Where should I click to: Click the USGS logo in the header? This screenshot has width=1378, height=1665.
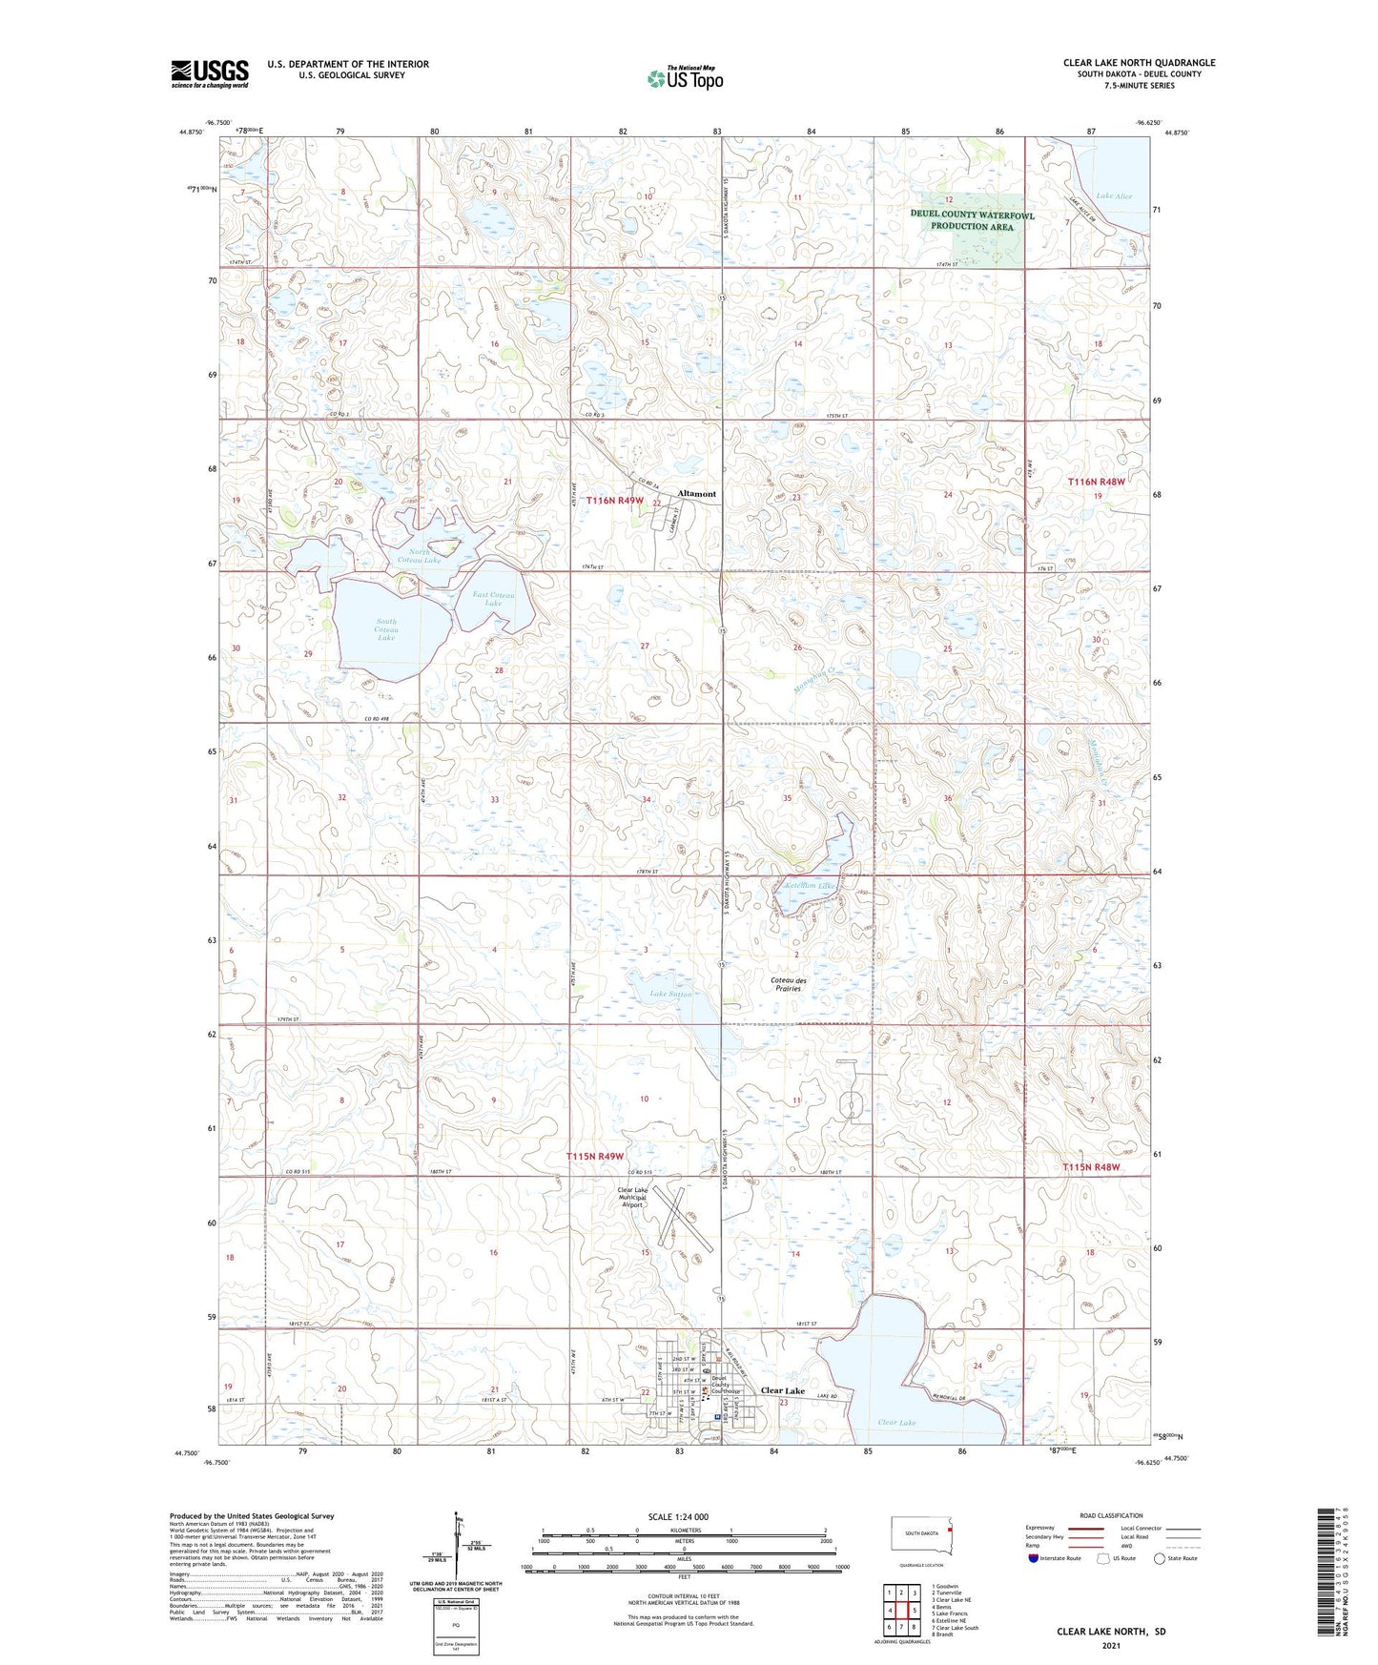tap(209, 73)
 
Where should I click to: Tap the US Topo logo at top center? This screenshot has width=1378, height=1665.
tap(686, 78)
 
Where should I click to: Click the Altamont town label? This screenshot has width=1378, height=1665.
tap(696, 494)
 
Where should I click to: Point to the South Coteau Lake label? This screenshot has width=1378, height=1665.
tap(386, 629)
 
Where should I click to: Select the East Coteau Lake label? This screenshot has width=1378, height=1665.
tap(493, 599)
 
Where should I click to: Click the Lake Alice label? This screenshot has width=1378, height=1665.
tap(1114, 196)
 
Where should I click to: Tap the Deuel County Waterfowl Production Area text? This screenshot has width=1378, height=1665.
tap(972, 221)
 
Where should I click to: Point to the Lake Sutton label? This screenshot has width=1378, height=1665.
tap(670, 995)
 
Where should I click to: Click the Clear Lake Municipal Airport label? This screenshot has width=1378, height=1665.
tap(633, 1197)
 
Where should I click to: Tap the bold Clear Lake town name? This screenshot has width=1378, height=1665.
tap(782, 1390)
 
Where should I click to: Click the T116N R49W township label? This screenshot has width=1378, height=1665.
tap(615, 501)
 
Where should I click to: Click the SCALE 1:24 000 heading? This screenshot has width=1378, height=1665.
tap(677, 1517)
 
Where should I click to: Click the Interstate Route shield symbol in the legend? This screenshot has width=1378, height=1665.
tap(1034, 1559)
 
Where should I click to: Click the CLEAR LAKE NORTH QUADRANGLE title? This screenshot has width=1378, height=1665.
tap(1139, 63)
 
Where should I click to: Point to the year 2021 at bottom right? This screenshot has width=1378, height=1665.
tap(1110, 1646)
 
